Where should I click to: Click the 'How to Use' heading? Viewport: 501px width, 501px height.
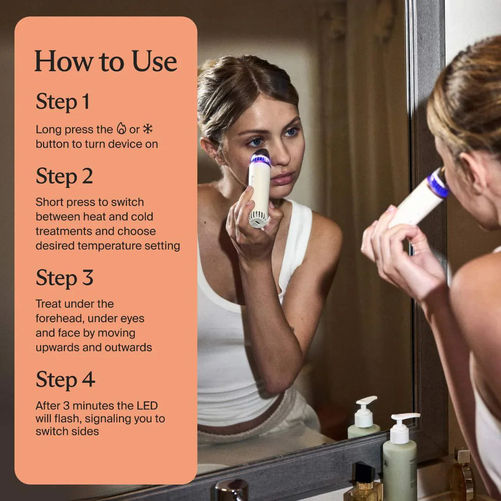pos(106,61)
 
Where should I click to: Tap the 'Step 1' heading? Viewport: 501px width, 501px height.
pos(63,102)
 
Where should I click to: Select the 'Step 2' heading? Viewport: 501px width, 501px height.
pos(64,176)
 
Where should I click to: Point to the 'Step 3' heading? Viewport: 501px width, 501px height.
pos(64,278)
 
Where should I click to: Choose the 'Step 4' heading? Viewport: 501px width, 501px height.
pos(65,380)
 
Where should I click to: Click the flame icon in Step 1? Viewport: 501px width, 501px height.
pos(121,128)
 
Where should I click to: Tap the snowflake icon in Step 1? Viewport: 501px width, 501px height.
pos(148,128)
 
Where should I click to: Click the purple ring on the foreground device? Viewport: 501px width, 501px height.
pos(438,184)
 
